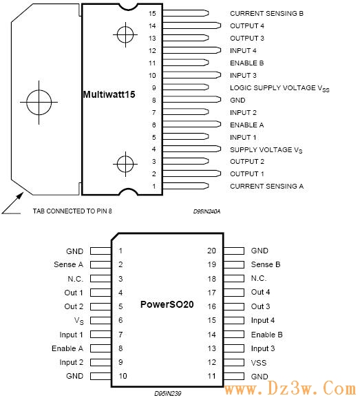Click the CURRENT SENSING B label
click(x=266, y=13)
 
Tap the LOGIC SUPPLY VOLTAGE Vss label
click(x=279, y=88)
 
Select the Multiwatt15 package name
click(x=109, y=94)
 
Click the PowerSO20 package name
click(x=167, y=304)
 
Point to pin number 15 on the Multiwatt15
click(x=152, y=13)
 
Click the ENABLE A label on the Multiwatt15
click(x=246, y=125)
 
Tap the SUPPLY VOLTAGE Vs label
click(x=266, y=150)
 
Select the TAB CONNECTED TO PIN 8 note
click(x=72, y=211)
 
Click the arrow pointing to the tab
click(x=13, y=203)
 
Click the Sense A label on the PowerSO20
click(x=68, y=264)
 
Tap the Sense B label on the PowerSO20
click(x=266, y=264)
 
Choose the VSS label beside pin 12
click(x=259, y=363)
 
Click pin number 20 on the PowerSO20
click(x=211, y=251)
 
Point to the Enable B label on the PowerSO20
click(x=266, y=335)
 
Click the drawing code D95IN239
click(x=168, y=393)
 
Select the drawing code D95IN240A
click(x=207, y=211)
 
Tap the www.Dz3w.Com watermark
click(x=290, y=389)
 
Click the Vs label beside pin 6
click(x=79, y=321)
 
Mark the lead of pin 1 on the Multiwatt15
click(x=186, y=186)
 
